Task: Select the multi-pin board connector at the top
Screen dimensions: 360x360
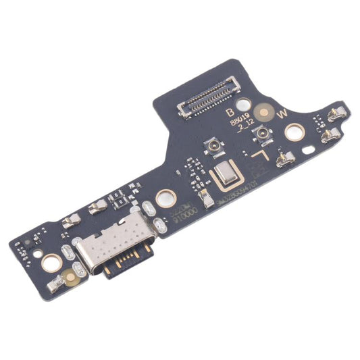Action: [x=206, y=99]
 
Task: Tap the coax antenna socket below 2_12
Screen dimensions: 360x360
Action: [x=259, y=138]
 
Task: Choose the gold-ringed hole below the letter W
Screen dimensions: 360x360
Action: [x=294, y=132]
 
